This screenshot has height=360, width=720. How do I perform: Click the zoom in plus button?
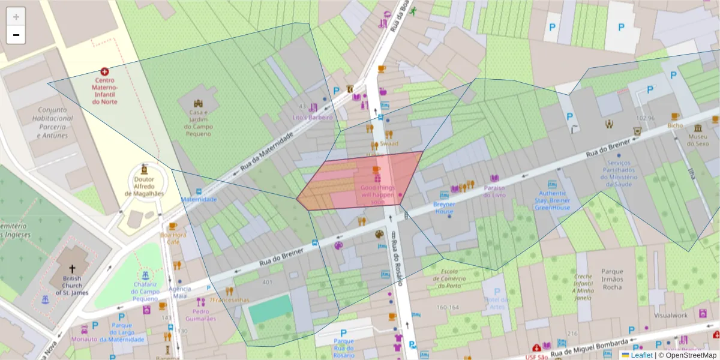[16, 17]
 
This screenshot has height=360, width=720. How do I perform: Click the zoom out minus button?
[16, 35]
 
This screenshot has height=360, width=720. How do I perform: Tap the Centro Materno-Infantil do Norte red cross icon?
[105, 71]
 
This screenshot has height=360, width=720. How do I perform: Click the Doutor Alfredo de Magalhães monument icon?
[144, 169]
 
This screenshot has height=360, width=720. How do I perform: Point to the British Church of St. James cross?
[73, 269]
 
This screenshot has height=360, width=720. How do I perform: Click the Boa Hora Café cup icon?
[173, 226]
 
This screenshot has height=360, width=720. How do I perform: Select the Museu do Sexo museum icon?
[698, 129]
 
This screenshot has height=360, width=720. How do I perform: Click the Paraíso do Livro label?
[494, 191]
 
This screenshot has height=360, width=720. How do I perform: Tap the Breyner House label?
[445, 208]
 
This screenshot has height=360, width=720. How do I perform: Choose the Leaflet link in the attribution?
[641, 355]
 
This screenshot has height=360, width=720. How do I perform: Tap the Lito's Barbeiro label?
[312, 118]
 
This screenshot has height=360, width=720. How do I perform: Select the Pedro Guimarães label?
[200, 315]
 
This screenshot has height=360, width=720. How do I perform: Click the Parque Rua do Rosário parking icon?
[344, 333]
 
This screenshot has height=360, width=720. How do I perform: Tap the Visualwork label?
[671, 315]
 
